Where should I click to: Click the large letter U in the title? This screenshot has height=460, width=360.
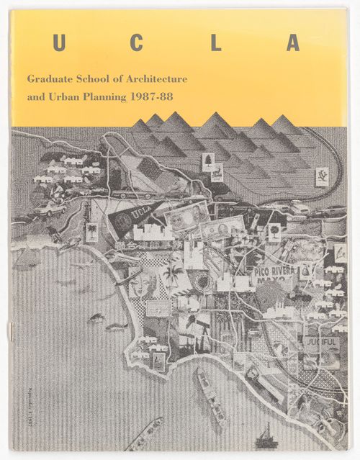pyautogui.click(x=59, y=43)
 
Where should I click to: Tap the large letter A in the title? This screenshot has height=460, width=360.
pyautogui.click(x=293, y=43)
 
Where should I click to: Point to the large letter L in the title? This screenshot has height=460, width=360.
pyautogui.click(x=215, y=43)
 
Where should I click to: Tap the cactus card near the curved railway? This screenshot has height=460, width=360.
pyautogui.click(x=322, y=175)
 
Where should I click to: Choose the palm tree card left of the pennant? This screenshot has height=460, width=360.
pyautogui.click(x=92, y=232)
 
